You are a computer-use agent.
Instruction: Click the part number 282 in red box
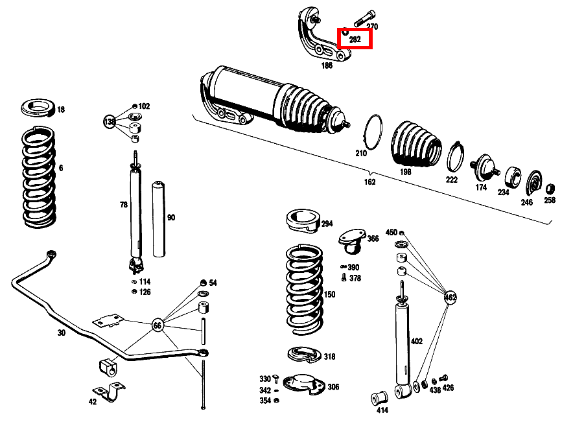[355, 39]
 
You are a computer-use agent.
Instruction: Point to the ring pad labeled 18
[38, 108]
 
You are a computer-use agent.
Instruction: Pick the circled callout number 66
[158, 325]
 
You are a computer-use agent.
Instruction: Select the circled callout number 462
[450, 298]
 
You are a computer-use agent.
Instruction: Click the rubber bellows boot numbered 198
[415, 146]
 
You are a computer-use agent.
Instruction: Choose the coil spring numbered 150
[303, 288]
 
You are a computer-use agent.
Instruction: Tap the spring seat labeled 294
[302, 220]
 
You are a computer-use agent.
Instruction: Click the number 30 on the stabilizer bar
[61, 333]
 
